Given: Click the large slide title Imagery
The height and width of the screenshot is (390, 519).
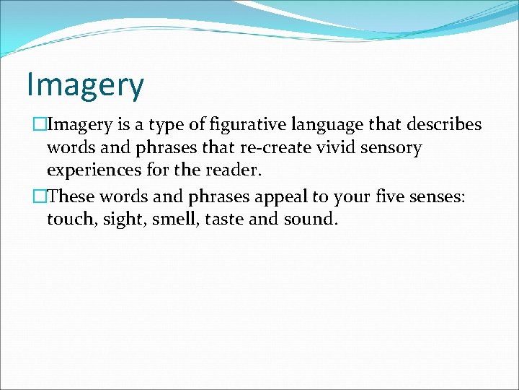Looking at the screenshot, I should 85,85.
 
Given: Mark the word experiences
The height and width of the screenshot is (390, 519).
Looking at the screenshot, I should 94,172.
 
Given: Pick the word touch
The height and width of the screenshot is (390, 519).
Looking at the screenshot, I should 70,218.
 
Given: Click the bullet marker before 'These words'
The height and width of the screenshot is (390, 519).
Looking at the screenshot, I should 40,195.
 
